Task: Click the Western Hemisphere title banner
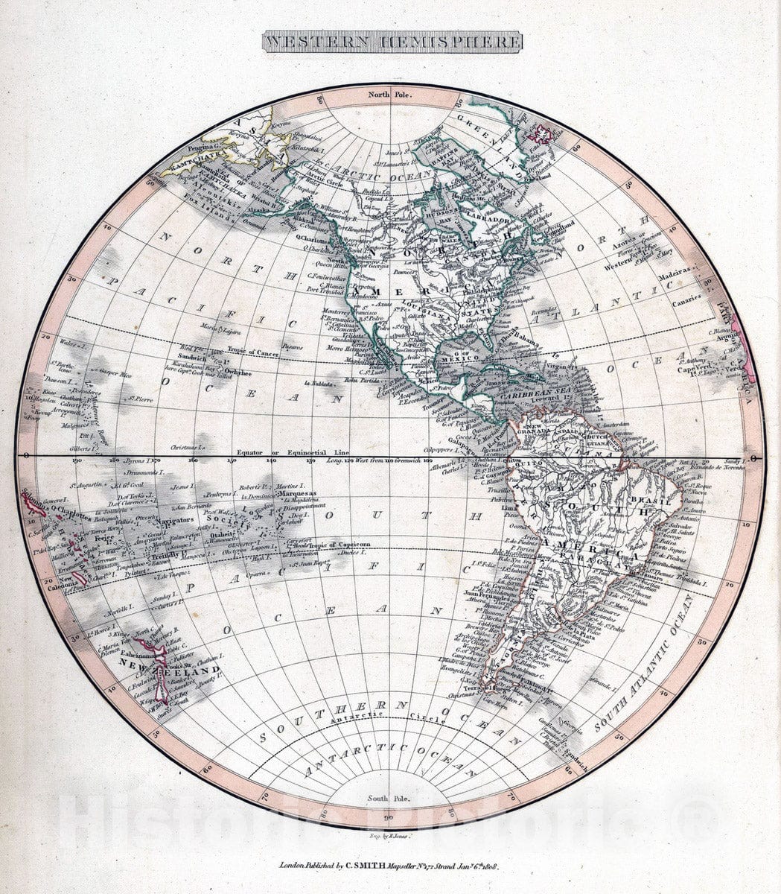pyautogui.click(x=392, y=42)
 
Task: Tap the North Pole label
pyautogui.click(x=391, y=96)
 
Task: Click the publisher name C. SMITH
pyautogui.click(x=369, y=866)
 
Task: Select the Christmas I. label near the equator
pyautogui.click(x=188, y=448)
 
